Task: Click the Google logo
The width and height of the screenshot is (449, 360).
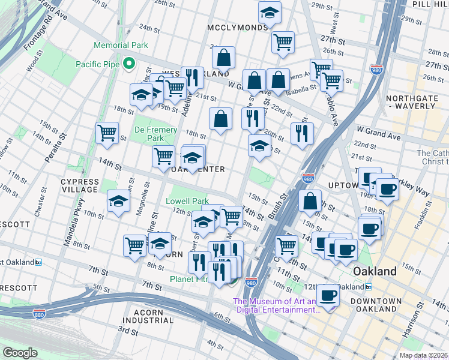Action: [20, 352]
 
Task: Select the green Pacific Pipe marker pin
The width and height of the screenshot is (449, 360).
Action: [128, 63]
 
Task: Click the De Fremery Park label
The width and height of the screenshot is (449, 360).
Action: [155, 134]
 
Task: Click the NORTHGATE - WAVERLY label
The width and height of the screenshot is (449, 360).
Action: [411, 101]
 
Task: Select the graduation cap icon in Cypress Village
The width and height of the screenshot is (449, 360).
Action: [118, 202]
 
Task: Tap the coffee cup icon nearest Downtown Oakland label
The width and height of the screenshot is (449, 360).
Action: [328, 295]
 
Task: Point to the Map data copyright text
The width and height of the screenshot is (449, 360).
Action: [423, 355]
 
